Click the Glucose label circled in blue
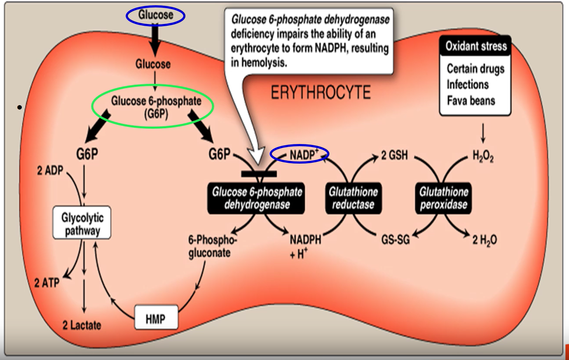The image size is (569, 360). tap(156, 16)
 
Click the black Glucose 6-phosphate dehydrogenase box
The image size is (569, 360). tap(257, 198)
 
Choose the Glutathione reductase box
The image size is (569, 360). tap(353, 198)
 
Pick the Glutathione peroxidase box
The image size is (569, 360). tap(443, 198)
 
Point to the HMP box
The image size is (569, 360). tap(155, 319)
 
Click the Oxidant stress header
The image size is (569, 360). tap(476, 46)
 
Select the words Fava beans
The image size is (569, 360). tap(471, 100)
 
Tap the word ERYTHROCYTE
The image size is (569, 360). tap(321, 93)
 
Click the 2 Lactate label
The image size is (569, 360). tap(82, 325)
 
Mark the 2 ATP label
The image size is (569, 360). tap(47, 282)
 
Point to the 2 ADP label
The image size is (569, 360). tap(48, 170)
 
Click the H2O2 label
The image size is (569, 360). tap(483, 157)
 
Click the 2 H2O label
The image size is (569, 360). tap(484, 240)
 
